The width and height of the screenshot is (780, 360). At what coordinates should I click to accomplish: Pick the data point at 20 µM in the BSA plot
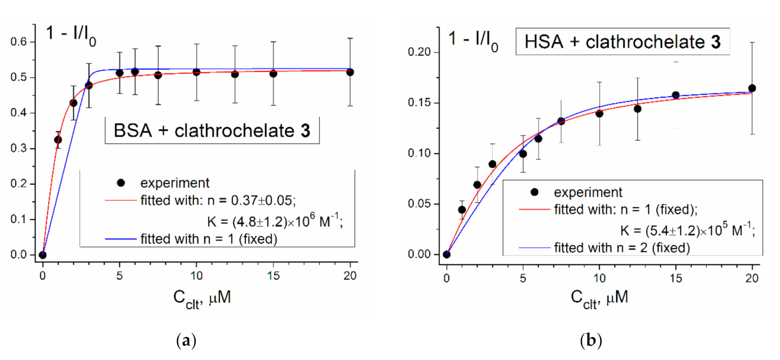point(350,72)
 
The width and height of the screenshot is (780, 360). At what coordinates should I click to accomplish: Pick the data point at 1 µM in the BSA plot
point(58,140)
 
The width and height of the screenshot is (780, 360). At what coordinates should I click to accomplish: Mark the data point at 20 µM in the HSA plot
point(752,88)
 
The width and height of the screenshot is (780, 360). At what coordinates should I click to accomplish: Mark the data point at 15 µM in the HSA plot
point(675,95)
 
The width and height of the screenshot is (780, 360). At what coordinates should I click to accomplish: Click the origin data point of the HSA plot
point(446,254)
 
